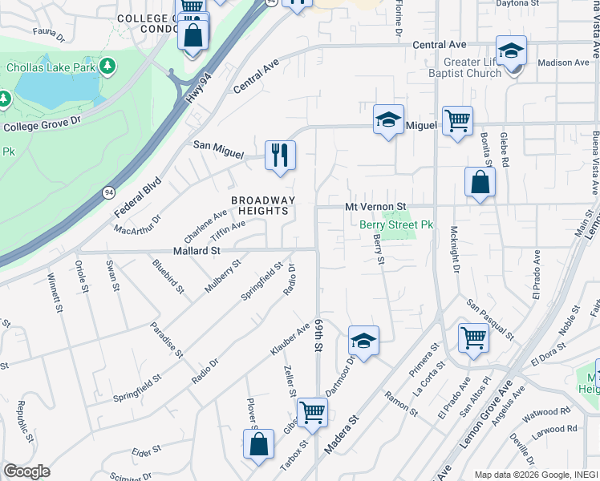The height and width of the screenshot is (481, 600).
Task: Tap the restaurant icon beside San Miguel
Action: coord(280,155)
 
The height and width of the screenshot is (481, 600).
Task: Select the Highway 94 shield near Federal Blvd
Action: coord(107,192)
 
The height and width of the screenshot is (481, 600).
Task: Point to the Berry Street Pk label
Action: coord(395,225)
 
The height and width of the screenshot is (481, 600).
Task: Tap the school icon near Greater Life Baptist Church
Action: coord(511,51)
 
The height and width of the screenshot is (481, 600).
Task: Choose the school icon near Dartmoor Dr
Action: coord(363,341)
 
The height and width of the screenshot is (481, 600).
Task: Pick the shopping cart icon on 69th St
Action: coord(312,412)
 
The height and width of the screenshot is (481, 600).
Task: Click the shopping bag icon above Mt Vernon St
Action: coord(480,182)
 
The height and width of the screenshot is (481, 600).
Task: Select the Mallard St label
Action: coord(197,251)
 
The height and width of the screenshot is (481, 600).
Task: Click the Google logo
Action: coord(26,471)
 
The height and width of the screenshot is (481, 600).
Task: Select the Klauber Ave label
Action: coord(290,340)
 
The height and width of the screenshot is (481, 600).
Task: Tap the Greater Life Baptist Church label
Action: coord(472,67)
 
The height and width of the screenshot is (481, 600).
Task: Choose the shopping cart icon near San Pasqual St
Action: coord(473,337)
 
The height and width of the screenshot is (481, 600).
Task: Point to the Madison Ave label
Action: coord(563,63)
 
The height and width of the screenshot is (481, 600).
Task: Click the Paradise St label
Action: coord(166,341)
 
